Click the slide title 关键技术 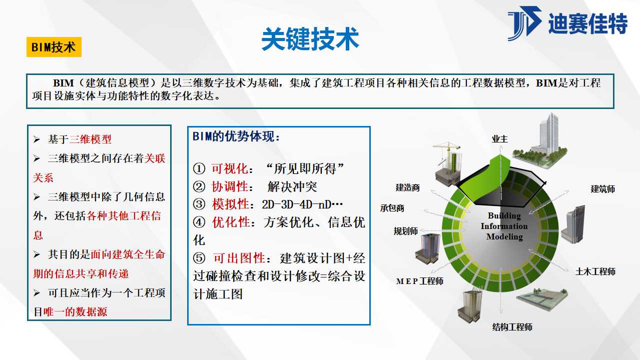point(310,39)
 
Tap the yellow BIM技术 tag point(54,47)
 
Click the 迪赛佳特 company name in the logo point(588,23)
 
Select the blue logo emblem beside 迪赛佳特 point(524,23)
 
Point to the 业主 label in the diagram point(500,139)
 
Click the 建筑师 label point(602,189)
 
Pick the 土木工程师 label point(595,271)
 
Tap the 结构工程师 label point(512,327)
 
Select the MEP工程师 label point(420,281)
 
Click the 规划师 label point(406,231)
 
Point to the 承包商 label point(392,208)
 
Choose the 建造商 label point(407,187)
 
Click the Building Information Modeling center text point(504,226)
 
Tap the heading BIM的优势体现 point(236,136)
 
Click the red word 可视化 point(230,168)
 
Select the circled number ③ point(199,204)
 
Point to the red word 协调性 point(230,186)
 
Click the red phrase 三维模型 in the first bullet point(90,139)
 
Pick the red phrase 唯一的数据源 point(75,312)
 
